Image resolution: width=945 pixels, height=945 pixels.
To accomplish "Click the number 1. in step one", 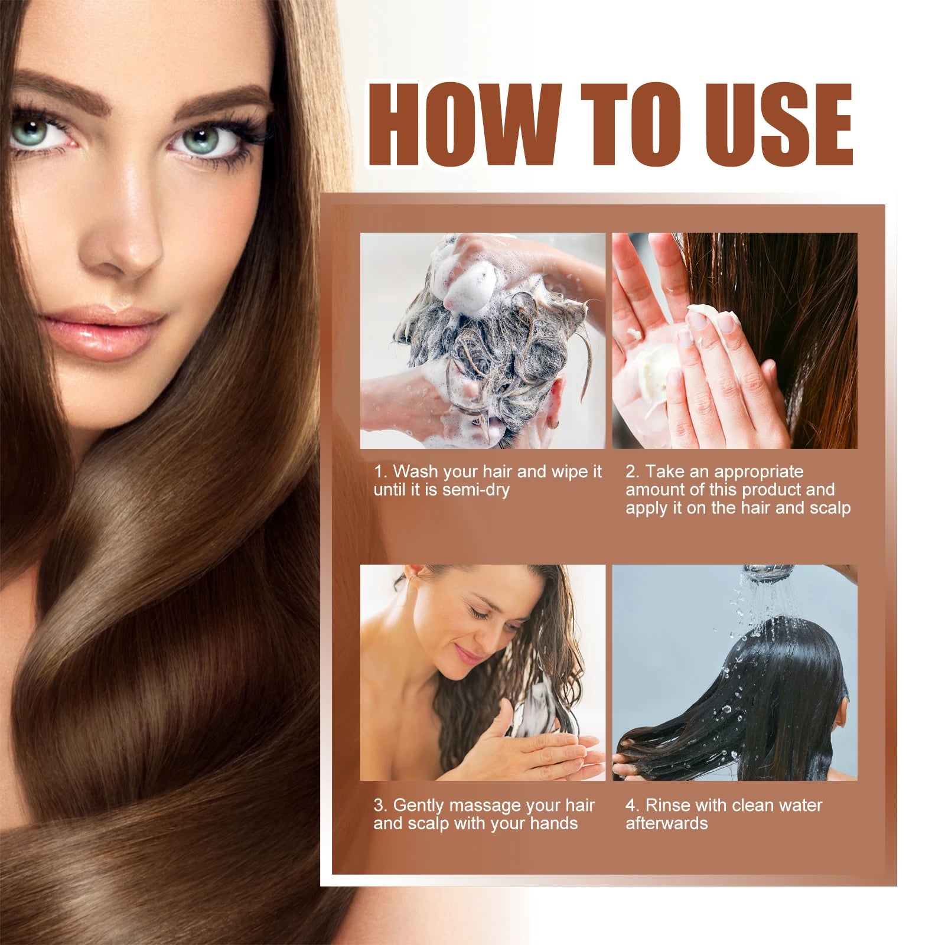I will (381, 472).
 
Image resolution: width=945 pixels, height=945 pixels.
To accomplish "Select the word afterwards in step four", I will (666, 824).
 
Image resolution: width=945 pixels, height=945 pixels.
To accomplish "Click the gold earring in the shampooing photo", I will (553, 424).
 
